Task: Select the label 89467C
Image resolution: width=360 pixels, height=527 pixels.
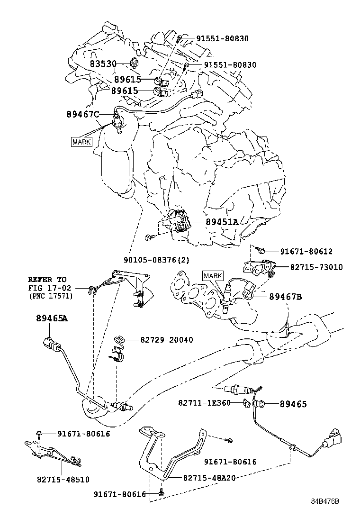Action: [x=83, y=114]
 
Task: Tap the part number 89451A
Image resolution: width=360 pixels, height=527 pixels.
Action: [x=222, y=222]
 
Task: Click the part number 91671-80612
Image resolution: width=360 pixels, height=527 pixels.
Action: [x=306, y=252]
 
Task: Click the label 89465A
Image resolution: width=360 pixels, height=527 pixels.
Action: [x=52, y=318]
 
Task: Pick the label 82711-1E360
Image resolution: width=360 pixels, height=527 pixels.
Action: [x=204, y=403]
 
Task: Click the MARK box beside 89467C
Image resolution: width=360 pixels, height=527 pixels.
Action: [x=81, y=142]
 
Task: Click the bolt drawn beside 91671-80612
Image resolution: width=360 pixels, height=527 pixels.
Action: [x=260, y=250]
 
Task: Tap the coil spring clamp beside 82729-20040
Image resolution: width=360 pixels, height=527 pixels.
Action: [x=121, y=339]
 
